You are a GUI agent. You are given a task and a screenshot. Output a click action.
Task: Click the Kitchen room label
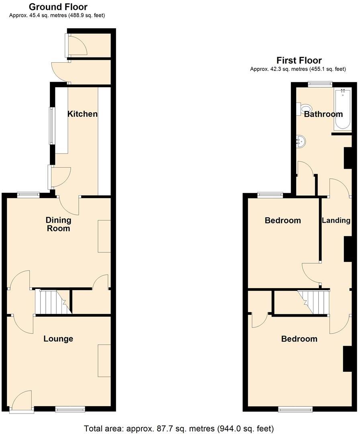tap(82, 114)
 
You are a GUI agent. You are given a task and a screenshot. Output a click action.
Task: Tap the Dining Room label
tap(58, 224)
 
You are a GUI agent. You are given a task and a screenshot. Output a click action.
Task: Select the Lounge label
tap(58, 339)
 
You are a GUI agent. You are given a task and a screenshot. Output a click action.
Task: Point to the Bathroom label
tap(323, 114)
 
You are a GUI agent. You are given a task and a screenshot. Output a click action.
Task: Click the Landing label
tap(336, 220)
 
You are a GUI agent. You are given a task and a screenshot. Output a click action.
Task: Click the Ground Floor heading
tap(58, 7)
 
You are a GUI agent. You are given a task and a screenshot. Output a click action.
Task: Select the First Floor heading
tap(299, 60)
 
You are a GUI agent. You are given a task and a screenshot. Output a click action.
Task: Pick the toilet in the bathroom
tap(305, 108)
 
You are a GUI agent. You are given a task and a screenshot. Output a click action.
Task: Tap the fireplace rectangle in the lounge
tap(104, 360)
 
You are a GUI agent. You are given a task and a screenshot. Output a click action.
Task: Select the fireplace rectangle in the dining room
tap(104, 236)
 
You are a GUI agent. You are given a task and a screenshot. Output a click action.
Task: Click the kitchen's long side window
tap(51, 125)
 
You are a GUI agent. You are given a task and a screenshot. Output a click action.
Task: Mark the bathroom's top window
tap(320, 84)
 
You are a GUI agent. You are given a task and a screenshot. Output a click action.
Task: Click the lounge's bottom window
tap(70, 409)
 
